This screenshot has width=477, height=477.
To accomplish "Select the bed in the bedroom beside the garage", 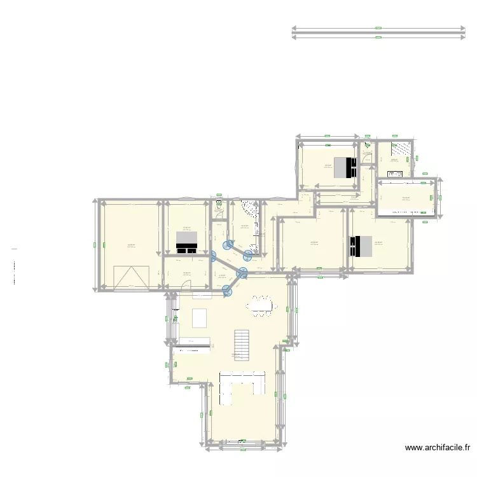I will (187, 240).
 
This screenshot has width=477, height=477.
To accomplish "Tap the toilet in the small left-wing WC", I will (218, 204).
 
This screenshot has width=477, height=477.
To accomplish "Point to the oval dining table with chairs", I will (262, 305).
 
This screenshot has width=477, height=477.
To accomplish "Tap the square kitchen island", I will (200, 317).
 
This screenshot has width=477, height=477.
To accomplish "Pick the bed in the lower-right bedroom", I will (361, 246).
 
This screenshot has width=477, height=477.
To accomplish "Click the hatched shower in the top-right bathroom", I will (400, 148).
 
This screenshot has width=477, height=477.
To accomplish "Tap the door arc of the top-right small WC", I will (366, 144).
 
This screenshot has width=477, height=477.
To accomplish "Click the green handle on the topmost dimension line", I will (378, 29).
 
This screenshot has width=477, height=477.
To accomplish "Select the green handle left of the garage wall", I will (95, 244).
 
